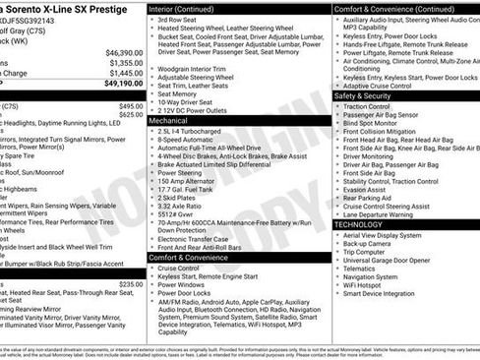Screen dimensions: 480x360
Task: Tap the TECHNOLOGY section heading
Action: (x=360, y=224)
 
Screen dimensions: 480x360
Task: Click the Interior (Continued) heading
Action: (x=189, y=8)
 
